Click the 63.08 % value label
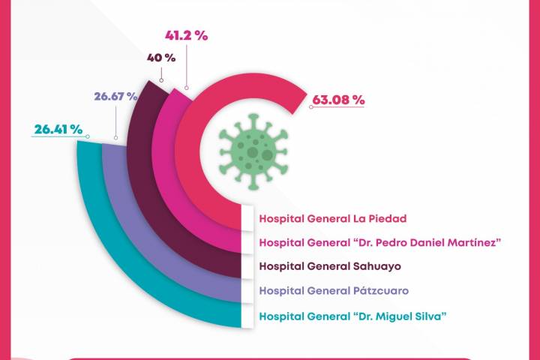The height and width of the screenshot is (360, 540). point(338,99)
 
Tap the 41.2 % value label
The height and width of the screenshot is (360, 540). point(186,35)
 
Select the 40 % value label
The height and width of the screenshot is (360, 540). point(160,57)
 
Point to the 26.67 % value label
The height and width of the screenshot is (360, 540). point(115,96)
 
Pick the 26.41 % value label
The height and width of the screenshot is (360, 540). point(58,129)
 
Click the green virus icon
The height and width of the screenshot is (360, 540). point(253,150)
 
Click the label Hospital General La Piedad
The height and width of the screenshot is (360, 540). point(323,219)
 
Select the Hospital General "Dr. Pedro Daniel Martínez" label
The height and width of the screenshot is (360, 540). point(379,242)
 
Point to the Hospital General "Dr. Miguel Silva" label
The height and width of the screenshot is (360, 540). point(352,316)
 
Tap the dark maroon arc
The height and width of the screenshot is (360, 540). point(146,202)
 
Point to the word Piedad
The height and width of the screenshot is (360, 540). point(369,219)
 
